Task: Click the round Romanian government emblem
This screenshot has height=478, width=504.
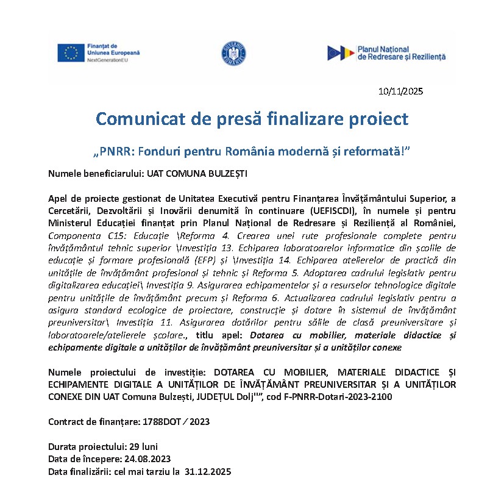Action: point(233,54)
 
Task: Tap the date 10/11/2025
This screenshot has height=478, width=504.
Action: point(400,92)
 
